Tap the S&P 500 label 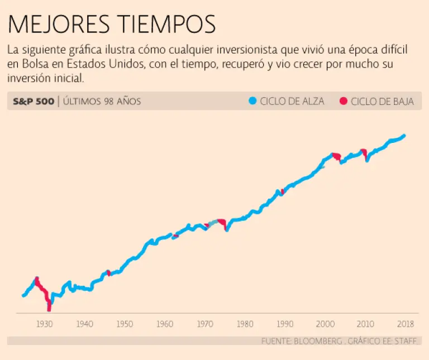click(x=34, y=102)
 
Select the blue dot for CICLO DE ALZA click(x=252, y=101)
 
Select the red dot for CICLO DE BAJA click(x=343, y=101)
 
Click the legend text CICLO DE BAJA click(x=382, y=102)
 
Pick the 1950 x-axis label click(x=125, y=324)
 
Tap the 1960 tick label click(x=165, y=324)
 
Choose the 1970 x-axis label click(x=205, y=324)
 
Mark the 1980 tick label click(x=245, y=324)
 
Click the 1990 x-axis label click(x=285, y=324)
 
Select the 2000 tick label click(x=325, y=324)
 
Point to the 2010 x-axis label click(x=365, y=324)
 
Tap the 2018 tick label click(x=405, y=324)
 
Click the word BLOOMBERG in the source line click(x=317, y=340)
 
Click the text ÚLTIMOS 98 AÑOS click(x=102, y=102)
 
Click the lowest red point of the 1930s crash click(x=49, y=309)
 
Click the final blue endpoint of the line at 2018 click(x=403, y=136)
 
